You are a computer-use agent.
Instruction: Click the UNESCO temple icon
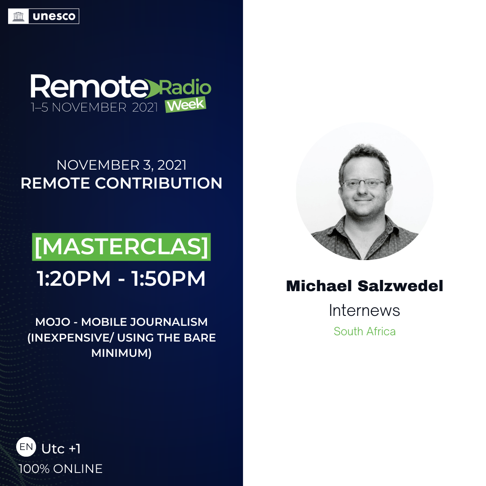[18, 16]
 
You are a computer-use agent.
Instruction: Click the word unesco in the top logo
[54, 16]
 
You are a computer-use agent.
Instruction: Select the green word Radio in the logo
[185, 88]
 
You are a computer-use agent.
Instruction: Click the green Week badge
[186, 105]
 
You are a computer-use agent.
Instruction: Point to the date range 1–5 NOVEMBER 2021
[94, 107]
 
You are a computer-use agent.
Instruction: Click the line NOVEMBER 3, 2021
[121, 165]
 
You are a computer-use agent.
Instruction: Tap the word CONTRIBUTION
[158, 183]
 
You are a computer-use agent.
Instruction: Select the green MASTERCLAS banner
[121, 247]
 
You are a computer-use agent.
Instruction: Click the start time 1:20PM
[74, 278]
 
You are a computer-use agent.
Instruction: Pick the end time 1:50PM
[169, 278]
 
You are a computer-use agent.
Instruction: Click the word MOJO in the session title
[53, 322]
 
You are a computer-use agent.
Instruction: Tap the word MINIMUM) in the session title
[121, 353]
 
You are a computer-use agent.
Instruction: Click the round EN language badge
[26, 447]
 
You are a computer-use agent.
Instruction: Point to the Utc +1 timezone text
[61, 449]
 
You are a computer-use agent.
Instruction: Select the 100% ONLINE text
[60, 468]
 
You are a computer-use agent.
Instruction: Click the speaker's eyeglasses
[364, 184]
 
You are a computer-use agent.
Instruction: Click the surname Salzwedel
[400, 286]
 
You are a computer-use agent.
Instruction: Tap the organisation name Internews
[364, 310]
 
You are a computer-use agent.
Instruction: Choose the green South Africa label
[364, 331]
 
